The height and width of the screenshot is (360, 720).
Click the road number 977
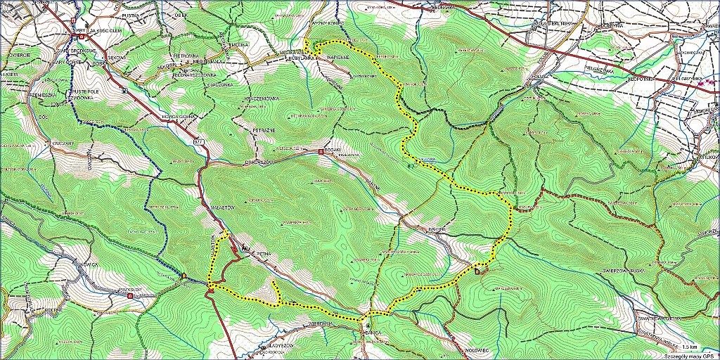(x=198, y=141)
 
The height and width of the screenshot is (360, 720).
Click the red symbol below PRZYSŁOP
(x=131, y=296)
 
